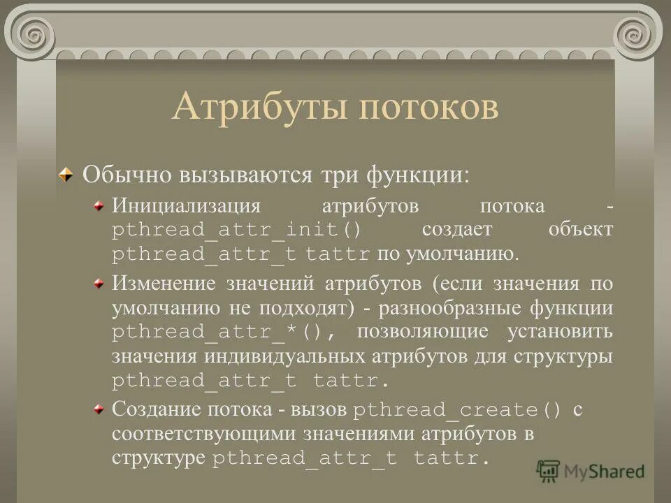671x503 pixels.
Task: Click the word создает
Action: coord(457,230)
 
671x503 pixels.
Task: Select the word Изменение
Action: coord(164,284)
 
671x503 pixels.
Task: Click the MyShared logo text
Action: coord(605,471)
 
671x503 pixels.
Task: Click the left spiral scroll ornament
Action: coord(31,31)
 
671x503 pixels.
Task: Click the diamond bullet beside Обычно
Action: coord(65,175)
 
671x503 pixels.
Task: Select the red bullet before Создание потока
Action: coord(100,408)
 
